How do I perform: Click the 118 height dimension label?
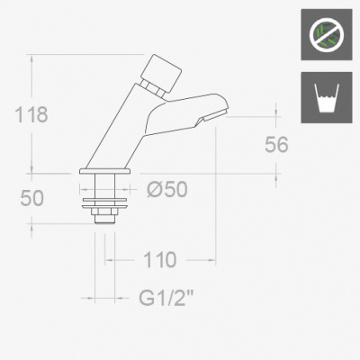click(31, 114)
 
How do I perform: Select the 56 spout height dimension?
click(276, 145)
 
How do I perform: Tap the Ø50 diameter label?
click(167, 189)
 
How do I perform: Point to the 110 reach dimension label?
click(160, 260)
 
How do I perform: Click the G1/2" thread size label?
click(166, 298)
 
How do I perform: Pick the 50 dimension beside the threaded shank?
click(31, 198)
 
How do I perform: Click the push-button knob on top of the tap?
click(162, 73)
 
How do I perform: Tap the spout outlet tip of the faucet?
click(215, 115)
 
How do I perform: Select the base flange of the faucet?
click(105, 171)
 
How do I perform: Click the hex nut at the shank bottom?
click(104, 211)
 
